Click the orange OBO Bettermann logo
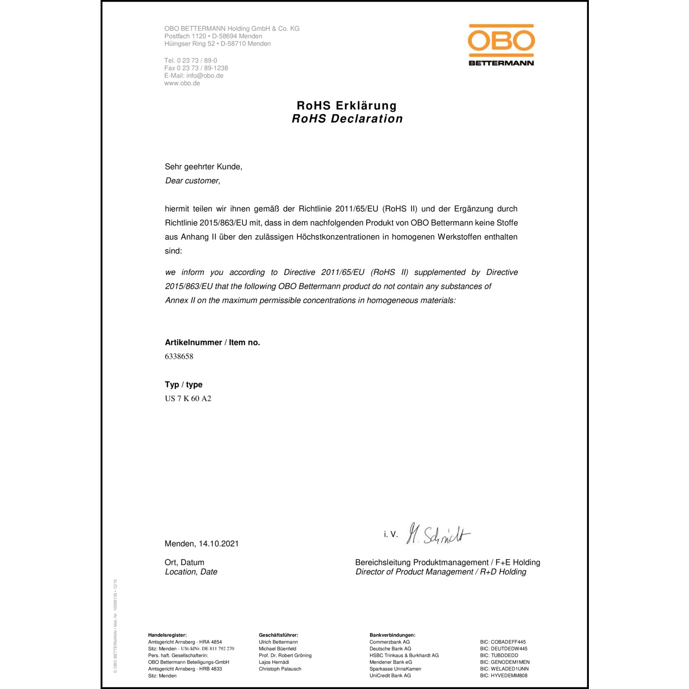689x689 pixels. (501, 45)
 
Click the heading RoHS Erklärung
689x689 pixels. (347, 106)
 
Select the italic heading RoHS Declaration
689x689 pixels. (347, 119)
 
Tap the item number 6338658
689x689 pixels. (179, 356)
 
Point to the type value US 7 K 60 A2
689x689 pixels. (188, 399)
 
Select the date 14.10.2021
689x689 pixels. (219, 544)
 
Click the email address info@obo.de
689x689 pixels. (205, 76)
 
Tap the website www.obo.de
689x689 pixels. (182, 83)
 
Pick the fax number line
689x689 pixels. (196, 68)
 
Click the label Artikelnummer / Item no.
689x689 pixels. (212, 343)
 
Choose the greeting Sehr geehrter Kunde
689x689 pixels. (203, 167)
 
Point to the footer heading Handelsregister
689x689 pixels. (167, 635)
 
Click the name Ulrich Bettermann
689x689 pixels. (278, 642)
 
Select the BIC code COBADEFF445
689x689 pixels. (508, 642)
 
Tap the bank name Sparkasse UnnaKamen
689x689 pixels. (395, 669)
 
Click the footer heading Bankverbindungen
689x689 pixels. (392, 635)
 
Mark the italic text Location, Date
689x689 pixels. (191, 572)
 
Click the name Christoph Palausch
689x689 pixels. (280, 669)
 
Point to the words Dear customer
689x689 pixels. (192, 181)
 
